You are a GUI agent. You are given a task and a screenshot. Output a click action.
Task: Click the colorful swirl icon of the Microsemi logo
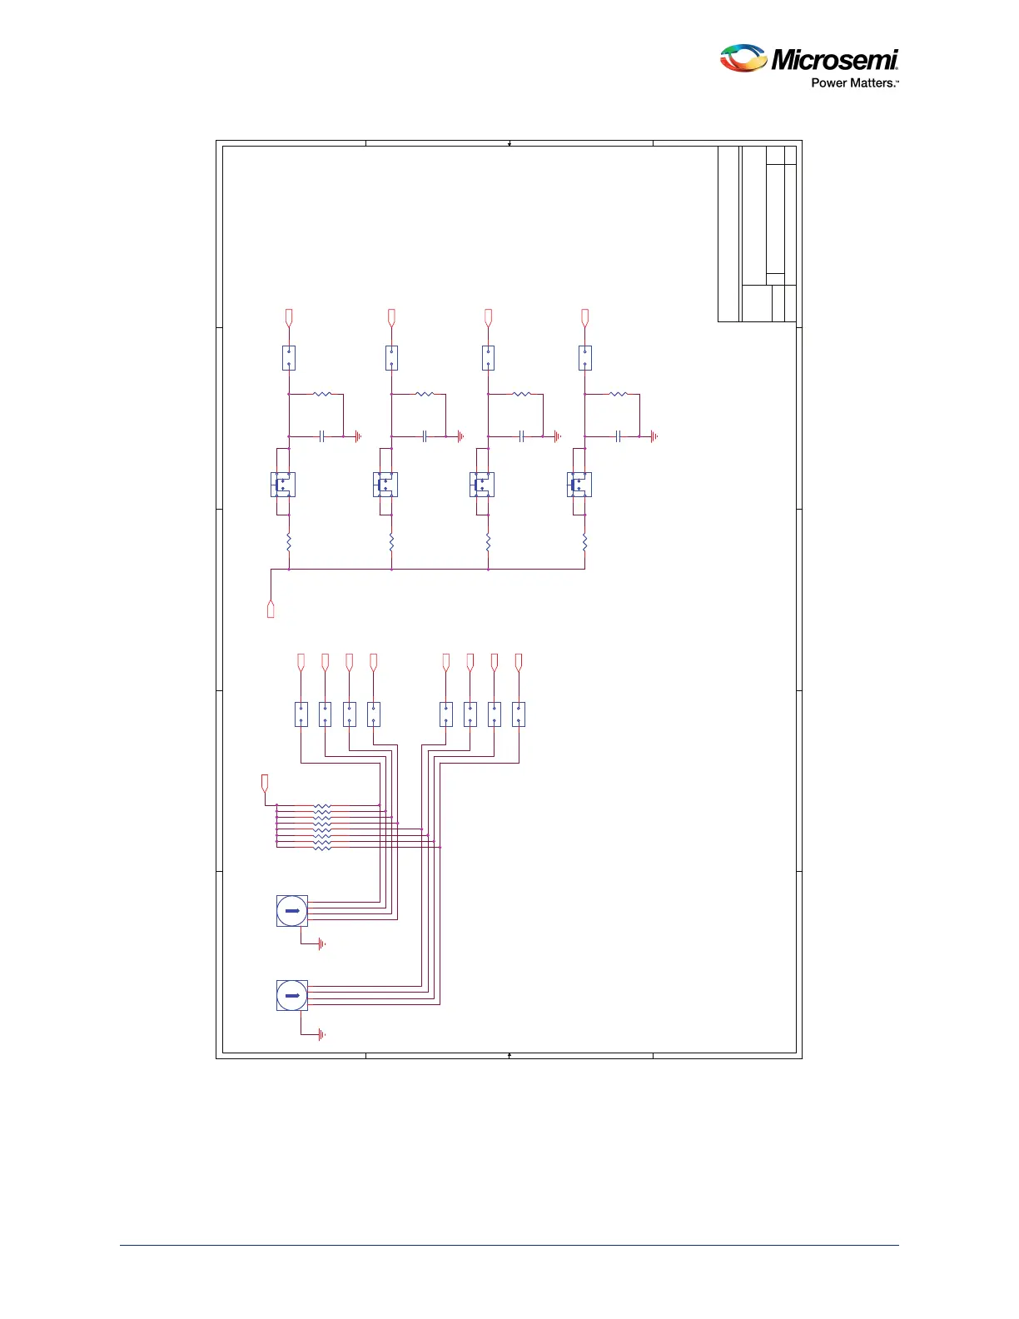(743, 58)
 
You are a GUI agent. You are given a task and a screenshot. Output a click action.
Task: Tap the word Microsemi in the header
(834, 60)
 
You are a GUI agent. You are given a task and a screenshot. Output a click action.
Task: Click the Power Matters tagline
(854, 83)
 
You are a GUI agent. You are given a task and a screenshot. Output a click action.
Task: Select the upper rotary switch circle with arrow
(292, 911)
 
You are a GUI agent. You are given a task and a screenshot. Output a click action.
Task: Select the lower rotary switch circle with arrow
(292, 995)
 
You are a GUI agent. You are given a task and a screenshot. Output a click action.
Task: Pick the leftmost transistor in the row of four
(283, 485)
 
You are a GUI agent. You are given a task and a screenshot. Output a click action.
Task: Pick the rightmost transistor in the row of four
(579, 485)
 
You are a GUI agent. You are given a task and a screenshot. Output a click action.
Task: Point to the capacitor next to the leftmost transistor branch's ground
(321, 436)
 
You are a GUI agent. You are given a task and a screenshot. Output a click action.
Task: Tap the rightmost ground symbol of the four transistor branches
(654, 436)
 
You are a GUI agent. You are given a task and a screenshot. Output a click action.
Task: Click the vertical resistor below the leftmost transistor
(289, 543)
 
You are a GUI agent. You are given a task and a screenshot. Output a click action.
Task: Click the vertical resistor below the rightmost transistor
(585, 543)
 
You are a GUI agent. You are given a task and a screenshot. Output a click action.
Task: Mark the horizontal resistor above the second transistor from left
(425, 394)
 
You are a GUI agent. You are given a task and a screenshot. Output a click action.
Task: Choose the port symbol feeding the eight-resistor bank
(265, 783)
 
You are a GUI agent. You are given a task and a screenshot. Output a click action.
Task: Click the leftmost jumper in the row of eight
(301, 714)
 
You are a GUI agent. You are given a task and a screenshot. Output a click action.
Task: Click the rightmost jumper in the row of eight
(519, 714)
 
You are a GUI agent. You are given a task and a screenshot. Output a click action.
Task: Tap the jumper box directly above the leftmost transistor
(289, 358)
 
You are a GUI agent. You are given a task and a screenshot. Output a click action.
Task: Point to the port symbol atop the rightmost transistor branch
(585, 317)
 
